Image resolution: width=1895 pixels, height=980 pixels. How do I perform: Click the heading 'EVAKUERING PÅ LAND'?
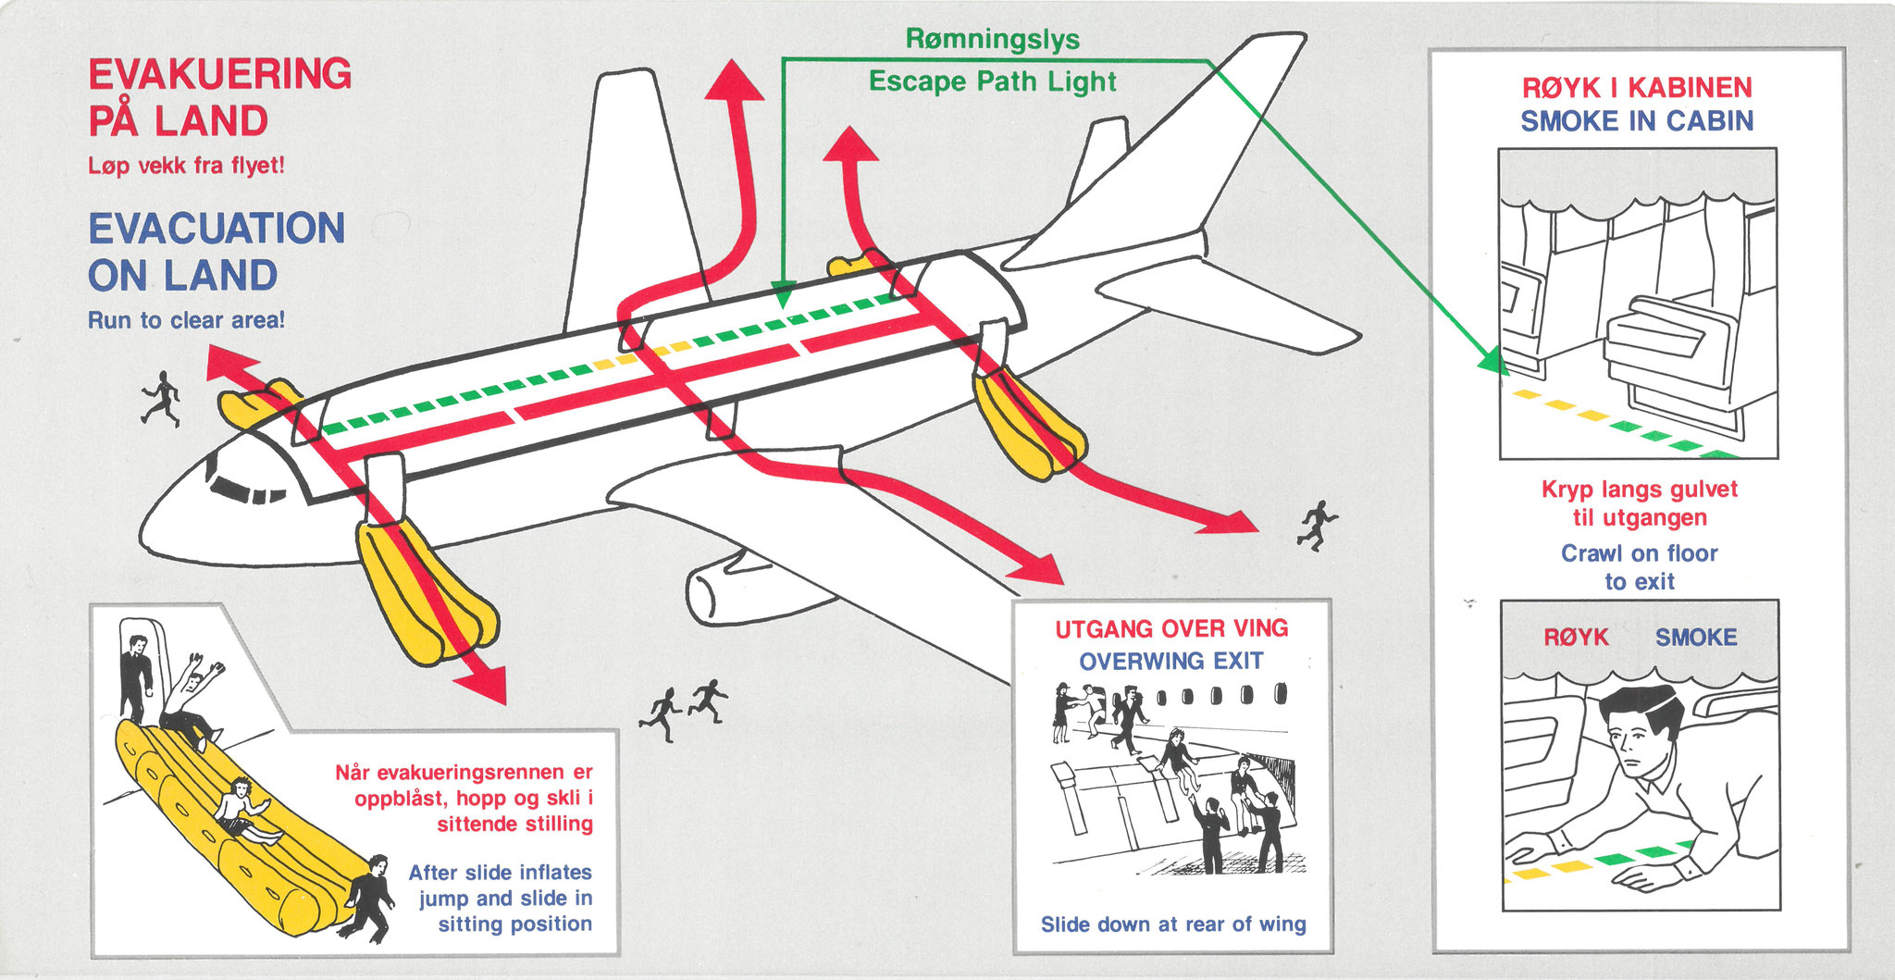point(219,97)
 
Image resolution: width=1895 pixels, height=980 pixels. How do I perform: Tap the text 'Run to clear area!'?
point(186,320)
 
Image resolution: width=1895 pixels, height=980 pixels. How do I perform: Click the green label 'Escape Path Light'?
point(992,81)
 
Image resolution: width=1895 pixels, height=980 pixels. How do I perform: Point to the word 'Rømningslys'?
point(992,39)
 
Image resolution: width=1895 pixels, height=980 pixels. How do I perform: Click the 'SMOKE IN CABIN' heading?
point(1637,121)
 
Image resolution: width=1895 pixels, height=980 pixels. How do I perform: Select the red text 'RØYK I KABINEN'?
point(1637,88)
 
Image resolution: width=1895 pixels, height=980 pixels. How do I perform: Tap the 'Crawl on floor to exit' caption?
point(1639,567)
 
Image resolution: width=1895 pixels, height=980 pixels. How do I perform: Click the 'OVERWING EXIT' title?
point(1170,662)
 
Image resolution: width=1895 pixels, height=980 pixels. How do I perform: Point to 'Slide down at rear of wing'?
point(1173,924)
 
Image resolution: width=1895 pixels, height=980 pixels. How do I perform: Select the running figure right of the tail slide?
point(1317,525)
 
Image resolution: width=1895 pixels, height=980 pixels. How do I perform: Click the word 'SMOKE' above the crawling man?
point(1695,638)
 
